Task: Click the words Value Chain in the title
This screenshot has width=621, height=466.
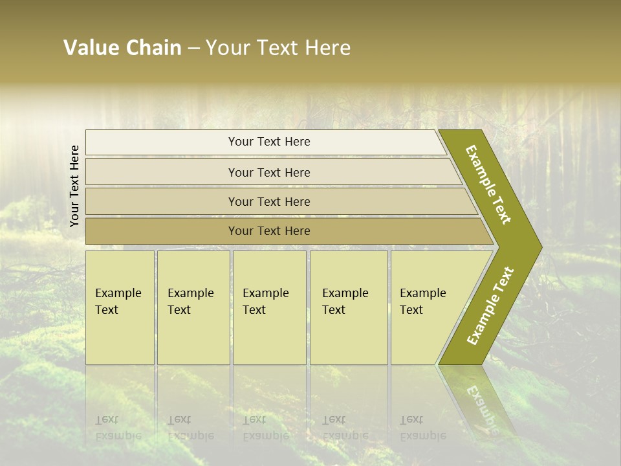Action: [122, 48]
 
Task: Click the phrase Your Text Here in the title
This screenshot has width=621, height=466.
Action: [278, 48]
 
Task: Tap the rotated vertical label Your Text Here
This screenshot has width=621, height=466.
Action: [74, 186]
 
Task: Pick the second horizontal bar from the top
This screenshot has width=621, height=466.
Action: [268, 172]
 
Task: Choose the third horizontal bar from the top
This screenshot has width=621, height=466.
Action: [268, 201]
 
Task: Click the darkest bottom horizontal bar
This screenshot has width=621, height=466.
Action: [268, 231]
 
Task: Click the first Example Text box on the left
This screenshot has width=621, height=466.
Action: [120, 307]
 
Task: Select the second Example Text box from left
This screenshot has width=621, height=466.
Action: [193, 307]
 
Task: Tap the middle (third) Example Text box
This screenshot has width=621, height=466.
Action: [269, 307]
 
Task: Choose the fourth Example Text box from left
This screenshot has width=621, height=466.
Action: [349, 307]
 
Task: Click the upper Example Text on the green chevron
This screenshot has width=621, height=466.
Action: [488, 184]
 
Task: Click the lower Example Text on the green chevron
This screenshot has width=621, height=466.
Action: [490, 305]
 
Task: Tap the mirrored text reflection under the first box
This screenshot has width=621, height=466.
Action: [118, 428]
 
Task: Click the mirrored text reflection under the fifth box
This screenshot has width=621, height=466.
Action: [422, 428]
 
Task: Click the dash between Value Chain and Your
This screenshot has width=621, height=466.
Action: [193, 49]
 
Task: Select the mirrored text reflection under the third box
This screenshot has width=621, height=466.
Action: [265, 428]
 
